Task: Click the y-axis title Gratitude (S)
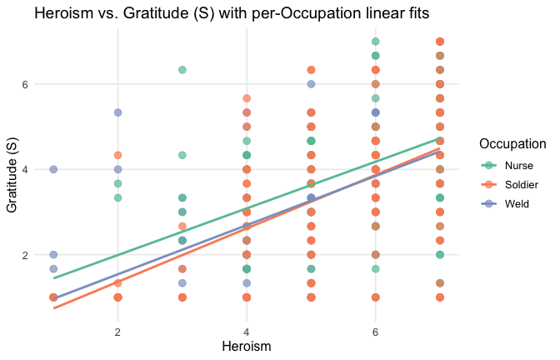coord(13,172)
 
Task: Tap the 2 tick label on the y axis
coord(25,255)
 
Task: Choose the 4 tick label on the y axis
coord(25,169)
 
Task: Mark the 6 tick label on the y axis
coord(25,84)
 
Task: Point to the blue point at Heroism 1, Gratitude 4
coord(53,169)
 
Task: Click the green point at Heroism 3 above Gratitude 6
coord(182,70)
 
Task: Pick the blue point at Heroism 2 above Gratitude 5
coord(118,112)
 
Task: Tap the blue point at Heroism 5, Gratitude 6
coord(311,84)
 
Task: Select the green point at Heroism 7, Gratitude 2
coord(440,255)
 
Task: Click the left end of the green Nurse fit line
coord(53,277)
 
